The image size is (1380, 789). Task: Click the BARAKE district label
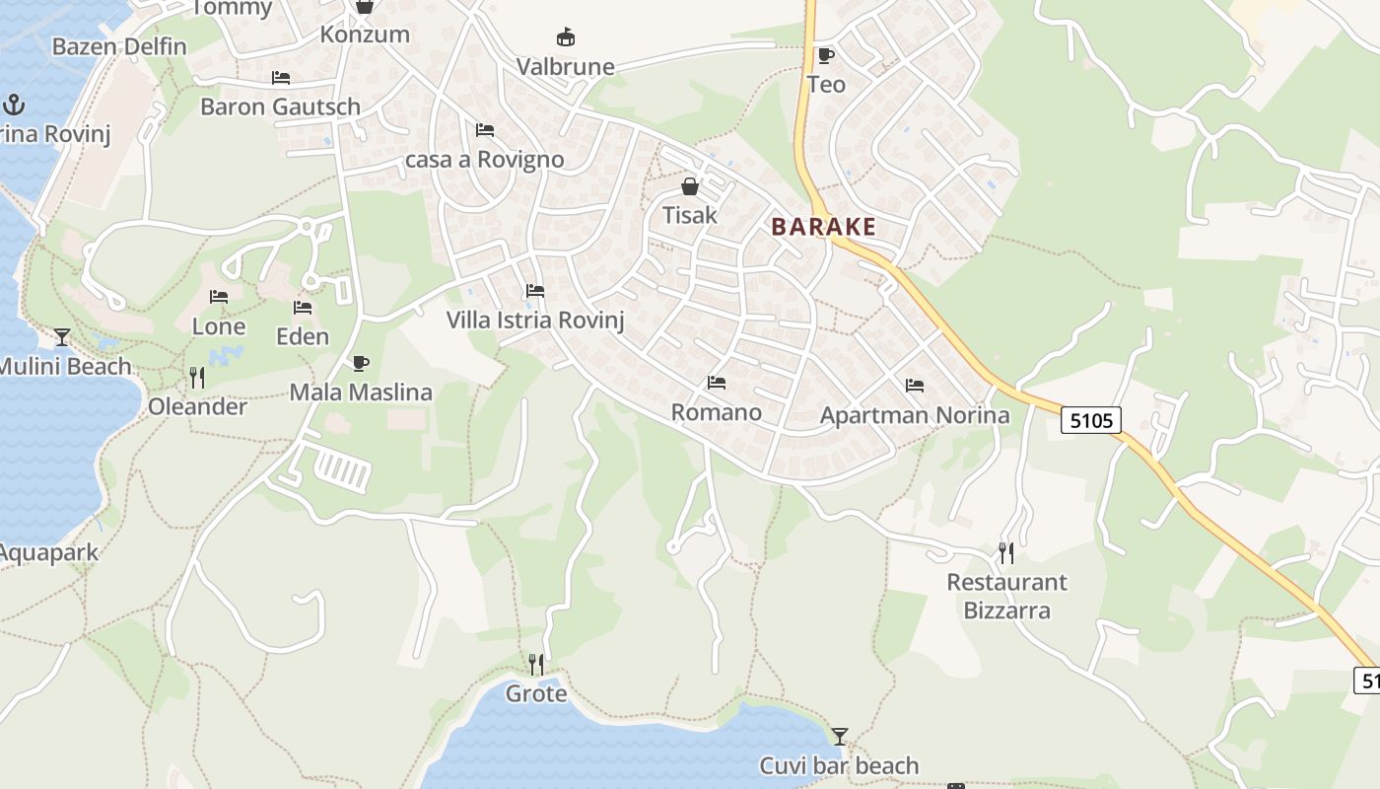click(823, 227)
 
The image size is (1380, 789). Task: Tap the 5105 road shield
click(1092, 421)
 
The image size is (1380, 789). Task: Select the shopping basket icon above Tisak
click(690, 186)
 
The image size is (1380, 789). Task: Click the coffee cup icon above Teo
click(825, 55)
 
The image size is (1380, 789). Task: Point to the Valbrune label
click(566, 67)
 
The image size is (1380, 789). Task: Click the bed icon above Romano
click(717, 383)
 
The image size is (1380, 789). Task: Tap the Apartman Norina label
click(915, 415)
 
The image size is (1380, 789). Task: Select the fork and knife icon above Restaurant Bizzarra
click(1005, 552)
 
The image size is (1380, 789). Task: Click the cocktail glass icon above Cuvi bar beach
click(839, 736)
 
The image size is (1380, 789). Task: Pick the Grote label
click(536, 694)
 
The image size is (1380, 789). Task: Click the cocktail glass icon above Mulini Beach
click(62, 337)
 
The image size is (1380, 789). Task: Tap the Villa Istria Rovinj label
click(535, 320)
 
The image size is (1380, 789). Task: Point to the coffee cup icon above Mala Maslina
click(360, 363)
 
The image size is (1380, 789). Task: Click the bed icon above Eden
click(303, 308)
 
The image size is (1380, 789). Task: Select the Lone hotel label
click(219, 326)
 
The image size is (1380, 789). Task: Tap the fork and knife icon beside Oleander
click(197, 377)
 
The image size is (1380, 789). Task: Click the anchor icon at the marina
click(14, 104)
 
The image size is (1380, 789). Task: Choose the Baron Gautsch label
click(280, 107)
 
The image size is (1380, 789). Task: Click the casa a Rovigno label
click(485, 160)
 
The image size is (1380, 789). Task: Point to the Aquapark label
click(47, 552)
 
